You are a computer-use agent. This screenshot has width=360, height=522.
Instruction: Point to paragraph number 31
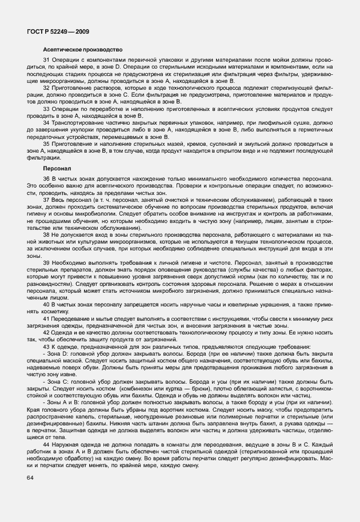[46, 61]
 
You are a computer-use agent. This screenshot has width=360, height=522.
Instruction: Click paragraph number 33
[46, 109]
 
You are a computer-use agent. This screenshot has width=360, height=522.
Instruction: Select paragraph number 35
[46, 145]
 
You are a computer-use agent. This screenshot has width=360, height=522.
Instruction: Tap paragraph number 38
[46, 234]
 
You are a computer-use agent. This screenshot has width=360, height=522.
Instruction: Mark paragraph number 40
[46, 305]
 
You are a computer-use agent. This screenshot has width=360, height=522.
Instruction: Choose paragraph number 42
[46, 332]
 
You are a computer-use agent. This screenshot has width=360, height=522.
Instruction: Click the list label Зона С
[58, 380]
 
